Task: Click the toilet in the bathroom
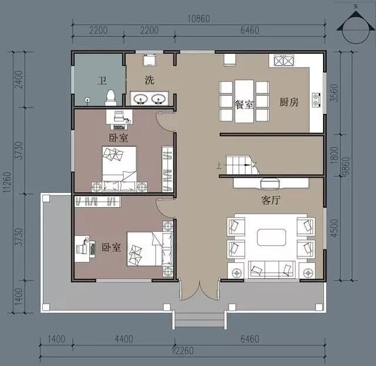point(110,98)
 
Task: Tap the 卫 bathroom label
point(102,81)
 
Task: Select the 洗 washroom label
point(149,80)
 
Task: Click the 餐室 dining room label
point(244,104)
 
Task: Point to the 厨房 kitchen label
point(289,102)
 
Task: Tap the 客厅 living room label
point(271,200)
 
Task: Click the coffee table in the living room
point(271,237)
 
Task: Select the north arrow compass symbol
point(356,27)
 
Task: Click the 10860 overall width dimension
point(199,19)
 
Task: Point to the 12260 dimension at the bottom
point(183,351)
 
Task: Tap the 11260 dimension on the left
point(7,182)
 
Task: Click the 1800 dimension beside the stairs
point(334,155)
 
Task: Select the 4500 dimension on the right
point(334,228)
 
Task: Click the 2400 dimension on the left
point(19,79)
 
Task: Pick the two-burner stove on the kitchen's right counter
point(315,100)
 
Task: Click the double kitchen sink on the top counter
point(284,60)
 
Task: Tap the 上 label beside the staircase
point(219,165)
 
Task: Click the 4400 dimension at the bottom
point(124,339)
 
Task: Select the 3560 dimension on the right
point(334,93)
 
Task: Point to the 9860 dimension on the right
point(346,167)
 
